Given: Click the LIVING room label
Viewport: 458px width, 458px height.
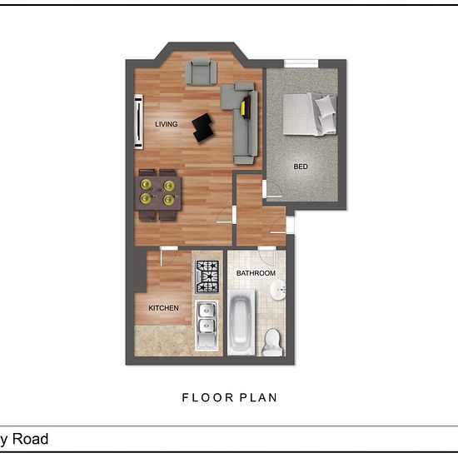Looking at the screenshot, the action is pyautogui.click(x=167, y=124).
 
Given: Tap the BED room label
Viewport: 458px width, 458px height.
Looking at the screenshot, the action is pyautogui.click(x=301, y=167).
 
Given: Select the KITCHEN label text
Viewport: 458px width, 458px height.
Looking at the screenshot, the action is pyautogui.click(x=163, y=308).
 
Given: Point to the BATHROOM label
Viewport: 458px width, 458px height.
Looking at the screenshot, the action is pyautogui.click(x=256, y=273).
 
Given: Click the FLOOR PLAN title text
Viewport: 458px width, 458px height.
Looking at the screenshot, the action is pyautogui.click(x=230, y=397).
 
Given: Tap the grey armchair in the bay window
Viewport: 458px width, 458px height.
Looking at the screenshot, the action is pyautogui.click(x=202, y=72).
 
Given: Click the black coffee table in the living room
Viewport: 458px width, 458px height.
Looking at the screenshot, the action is pyautogui.click(x=202, y=128).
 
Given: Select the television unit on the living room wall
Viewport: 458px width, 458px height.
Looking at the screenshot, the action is pyautogui.click(x=138, y=122).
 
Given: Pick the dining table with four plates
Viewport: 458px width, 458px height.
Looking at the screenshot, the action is pyautogui.click(x=158, y=193).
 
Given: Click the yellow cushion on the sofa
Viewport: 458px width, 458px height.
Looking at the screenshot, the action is pyautogui.click(x=242, y=108).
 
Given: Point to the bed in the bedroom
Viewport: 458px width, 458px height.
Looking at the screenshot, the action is pyautogui.click(x=310, y=114).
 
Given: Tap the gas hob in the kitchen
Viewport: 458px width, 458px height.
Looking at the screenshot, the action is pyautogui.click(x=207, y=276).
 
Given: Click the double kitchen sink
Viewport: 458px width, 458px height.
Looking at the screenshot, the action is pyautogui.click(x=207, y=325).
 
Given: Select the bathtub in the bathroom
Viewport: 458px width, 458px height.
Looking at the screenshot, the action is pyautogui.click(x=241, y=322).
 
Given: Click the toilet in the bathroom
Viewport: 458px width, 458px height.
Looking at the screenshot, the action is pyautogui.click(x=272, y=342).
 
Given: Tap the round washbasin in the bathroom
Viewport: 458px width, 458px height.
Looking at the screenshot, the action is pyautogui.click(x=277, y=290).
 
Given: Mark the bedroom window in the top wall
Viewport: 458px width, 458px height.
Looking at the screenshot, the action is pyautogui.click(x=301, y=63).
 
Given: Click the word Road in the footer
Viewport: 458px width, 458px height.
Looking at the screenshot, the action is pyautogui.click(x=30, y=439).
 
